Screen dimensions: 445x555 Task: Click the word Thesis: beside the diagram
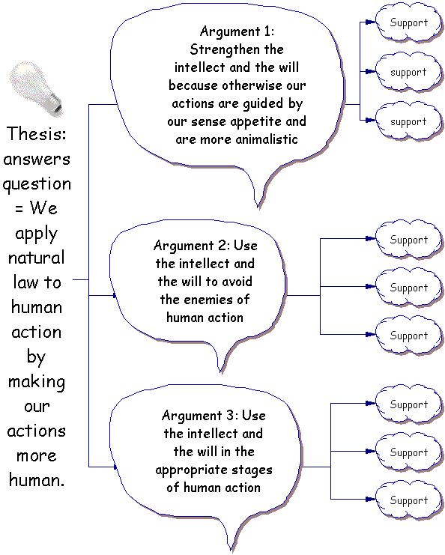coord(37,134)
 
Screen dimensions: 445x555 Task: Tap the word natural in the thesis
coord(37,258)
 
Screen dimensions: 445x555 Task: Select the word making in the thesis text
coord(37,382)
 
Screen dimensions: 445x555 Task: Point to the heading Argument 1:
coord(237,31)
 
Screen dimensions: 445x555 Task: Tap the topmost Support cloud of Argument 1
coord(408,22)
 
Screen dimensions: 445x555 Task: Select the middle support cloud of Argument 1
coord(408,72)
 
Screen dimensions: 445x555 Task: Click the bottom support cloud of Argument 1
coord(408,121)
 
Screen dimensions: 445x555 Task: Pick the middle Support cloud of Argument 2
coord(408,288)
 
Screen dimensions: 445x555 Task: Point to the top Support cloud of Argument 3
coord(408,404)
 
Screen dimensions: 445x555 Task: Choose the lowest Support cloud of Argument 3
coord(408,500)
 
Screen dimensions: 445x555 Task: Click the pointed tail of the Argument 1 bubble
coord(258,207)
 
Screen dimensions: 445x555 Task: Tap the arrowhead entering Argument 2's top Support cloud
coord(370,239)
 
